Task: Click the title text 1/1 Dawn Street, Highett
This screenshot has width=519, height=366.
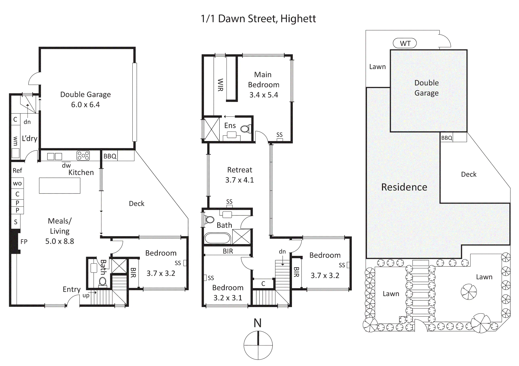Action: [258, 19]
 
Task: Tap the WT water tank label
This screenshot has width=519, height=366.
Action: [405, 43]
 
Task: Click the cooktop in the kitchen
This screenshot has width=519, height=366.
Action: [83, 156]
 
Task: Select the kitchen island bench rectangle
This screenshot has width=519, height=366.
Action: [60, 185]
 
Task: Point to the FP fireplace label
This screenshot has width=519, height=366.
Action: [24, 242]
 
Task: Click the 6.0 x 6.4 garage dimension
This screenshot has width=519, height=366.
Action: [85, 105]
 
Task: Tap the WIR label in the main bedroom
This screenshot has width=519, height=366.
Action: [220, 85]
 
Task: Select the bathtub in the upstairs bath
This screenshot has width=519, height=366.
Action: [217, 238]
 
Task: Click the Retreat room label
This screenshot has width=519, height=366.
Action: [240, 170]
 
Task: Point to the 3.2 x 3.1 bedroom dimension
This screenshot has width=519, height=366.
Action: [228, 298]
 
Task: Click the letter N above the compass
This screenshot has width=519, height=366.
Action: [257, 323]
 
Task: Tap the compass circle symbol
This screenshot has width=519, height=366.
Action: [258, 345]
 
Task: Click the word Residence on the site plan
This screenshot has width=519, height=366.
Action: [404, 187]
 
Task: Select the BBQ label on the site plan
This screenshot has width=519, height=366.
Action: [447, 138]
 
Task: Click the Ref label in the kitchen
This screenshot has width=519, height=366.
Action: [17, 171]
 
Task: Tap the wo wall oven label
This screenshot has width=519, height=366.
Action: [17, 184]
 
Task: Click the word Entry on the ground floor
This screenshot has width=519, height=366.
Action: [72, 290]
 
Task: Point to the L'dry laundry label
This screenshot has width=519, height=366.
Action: [30, 138]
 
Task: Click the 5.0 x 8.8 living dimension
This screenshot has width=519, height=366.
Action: [60, 241]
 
